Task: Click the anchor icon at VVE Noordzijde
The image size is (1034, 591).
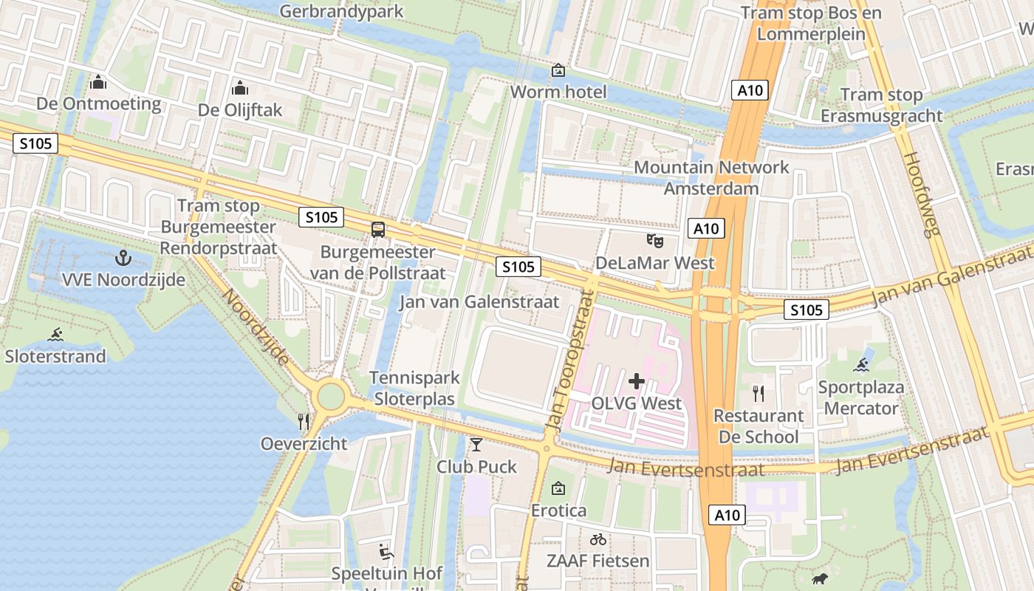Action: tap(123, 258)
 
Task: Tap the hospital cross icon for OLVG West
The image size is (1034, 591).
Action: tap(636, 381)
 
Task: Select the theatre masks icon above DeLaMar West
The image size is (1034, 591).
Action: tap(654, 240)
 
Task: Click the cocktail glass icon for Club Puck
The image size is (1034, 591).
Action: tap(476, 444)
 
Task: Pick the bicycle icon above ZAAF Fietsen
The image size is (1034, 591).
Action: tap(598, 539)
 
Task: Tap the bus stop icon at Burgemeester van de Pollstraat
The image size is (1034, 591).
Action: tap(378, 229)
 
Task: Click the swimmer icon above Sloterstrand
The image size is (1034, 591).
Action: tap(55, 334)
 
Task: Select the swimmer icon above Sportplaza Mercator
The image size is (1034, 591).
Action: tap(860, 364)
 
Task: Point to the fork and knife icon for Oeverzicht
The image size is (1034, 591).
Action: tap(304, 421)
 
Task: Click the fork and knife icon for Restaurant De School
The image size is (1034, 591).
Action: tap(758, 393)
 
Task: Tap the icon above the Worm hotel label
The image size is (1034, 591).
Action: tap(558, 70)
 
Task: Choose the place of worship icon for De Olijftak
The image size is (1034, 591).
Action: tap(239, 89)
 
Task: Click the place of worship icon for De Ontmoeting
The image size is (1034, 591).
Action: tap(98, 82)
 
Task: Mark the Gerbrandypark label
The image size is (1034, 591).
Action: tap(342, 11)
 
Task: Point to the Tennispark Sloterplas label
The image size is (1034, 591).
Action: tap(414, 388)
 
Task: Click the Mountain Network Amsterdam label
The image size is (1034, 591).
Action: tap(711, 177)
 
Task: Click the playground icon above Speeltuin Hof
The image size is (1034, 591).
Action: tap(386, 551)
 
